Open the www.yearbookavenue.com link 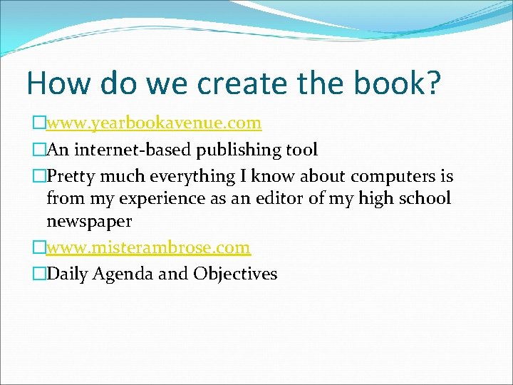154,124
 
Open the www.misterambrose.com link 148,248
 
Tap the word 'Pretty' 70,176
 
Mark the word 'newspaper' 89,222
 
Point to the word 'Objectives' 235,274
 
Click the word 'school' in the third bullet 425,198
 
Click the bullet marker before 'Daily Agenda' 39,274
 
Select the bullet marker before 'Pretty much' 39,176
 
